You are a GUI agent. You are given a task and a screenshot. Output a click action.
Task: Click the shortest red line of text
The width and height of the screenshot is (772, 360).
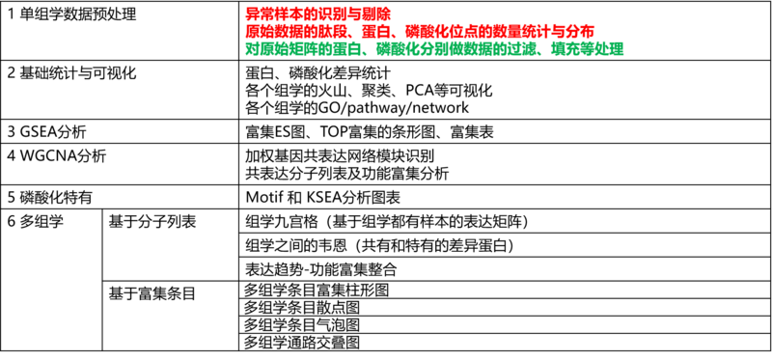click(317, 14)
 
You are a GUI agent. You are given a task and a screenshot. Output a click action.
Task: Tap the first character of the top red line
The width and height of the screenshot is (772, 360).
click(250, 14)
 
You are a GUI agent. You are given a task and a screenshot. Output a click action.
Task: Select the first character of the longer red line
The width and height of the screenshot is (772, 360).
click(250, 31)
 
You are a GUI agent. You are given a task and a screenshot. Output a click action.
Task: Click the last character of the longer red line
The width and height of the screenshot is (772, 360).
click(590, 31)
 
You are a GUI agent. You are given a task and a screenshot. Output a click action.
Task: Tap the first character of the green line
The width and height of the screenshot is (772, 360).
click(250, 48)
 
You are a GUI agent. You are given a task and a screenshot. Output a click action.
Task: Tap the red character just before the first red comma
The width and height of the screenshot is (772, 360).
click(344, 31)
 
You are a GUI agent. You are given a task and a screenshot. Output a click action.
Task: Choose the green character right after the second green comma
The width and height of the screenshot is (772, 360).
click(557, 48)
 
